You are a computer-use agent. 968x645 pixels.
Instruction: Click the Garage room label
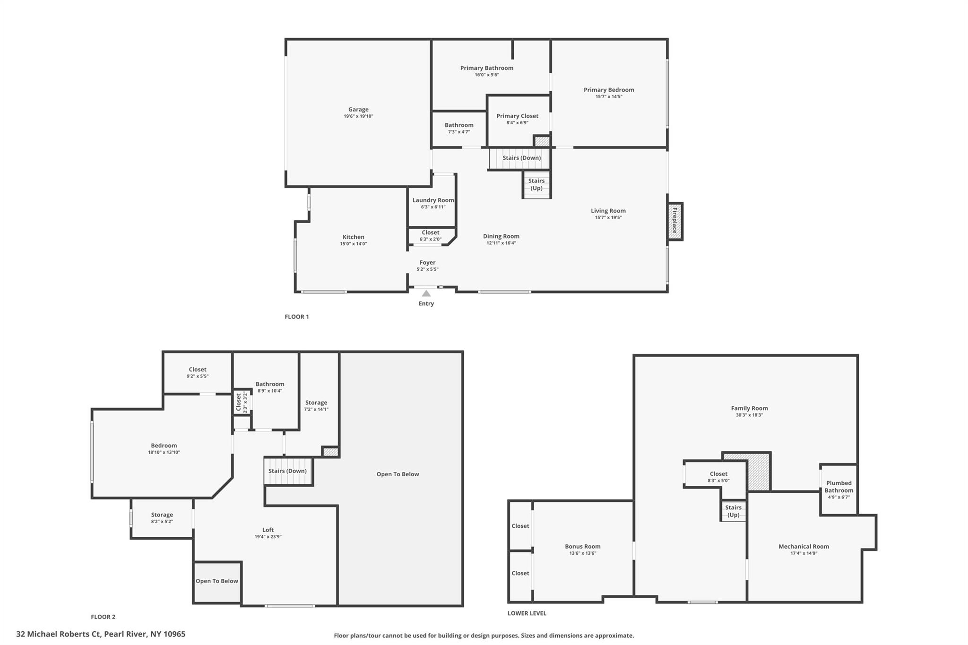pyautogui.click(x=358, y=110)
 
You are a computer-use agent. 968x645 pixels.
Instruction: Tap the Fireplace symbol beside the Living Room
pyautogui.click(x=675, y=221)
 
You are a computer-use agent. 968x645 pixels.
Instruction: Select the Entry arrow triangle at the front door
pyautogui.click(x=426, y=293)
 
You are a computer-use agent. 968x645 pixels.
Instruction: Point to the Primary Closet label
pyautogui.click(x=517, y=116)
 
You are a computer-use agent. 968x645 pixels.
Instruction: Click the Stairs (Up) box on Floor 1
pyautogui.click(x=536, y=185)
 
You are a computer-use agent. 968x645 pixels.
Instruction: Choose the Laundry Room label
pyautogui.click(x=433, y=200)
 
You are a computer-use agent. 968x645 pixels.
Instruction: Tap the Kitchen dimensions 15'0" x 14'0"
pyautogui.click(x=354, y=244)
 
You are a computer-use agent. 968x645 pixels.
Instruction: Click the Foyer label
pyautogui.click(x=428, y=263)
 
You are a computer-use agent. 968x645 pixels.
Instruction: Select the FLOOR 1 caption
pyautogui.click(x=297, y=317)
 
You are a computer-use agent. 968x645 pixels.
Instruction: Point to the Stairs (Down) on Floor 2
pyautogui.click(x=288, y=471)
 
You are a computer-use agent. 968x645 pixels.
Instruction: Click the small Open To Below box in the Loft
pyautogui.click(x=217, y=582)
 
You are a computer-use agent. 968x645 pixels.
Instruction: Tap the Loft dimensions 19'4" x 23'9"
pyautogui.click(x=268, y=537)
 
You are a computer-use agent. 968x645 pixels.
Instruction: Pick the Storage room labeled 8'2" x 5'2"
pyautogui.click(x=162, y=518)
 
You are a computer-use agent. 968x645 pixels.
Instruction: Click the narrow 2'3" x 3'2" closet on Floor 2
pyautogui.click(x=242, y=403)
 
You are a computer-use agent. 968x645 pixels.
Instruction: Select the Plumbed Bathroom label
pyautogui.click(x=839, y=487)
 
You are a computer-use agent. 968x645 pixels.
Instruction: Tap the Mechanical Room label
pyautogui.click(x=804, y=547)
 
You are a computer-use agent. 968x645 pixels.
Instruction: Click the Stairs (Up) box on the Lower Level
pyautogui.click(x=734, y=511)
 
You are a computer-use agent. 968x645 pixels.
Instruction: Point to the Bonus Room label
pyautogui.click(x=583, y=547)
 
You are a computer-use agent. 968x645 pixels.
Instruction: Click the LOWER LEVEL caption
pyautogui.click(x=527, y=613)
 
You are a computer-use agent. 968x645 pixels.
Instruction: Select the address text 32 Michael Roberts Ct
pyautogui.click(x=58, y=634)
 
